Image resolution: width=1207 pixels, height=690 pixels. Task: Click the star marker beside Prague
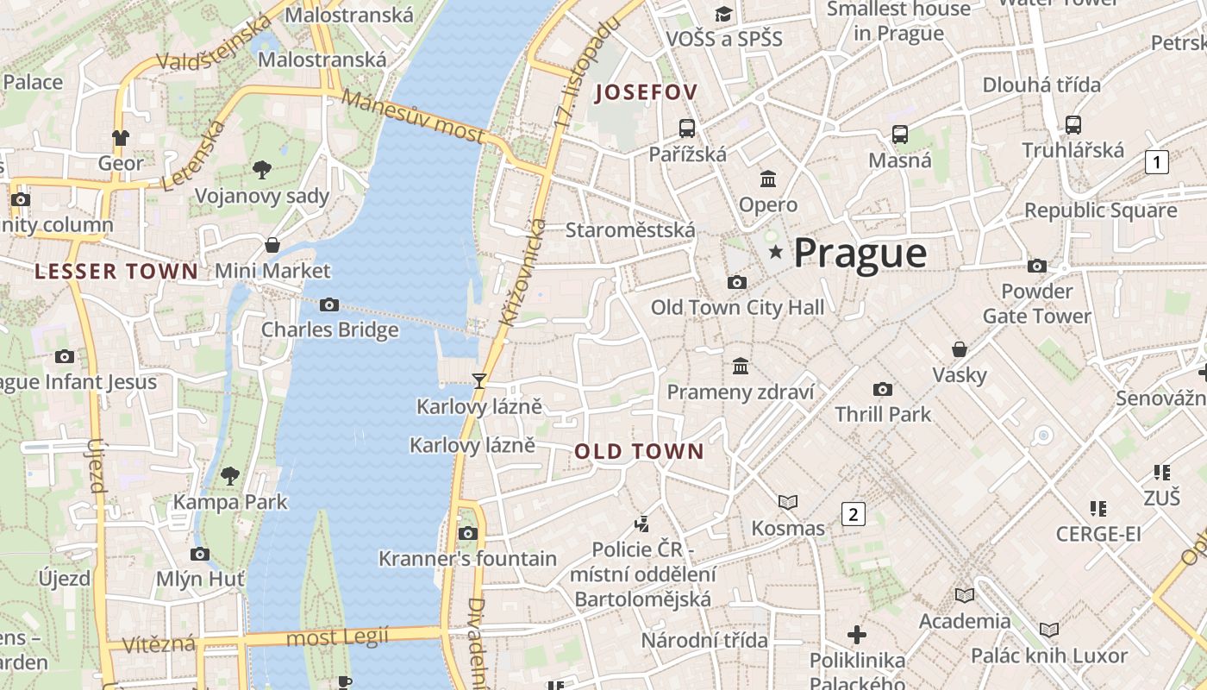(776, 252)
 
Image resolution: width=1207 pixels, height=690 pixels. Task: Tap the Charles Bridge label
(330, 329)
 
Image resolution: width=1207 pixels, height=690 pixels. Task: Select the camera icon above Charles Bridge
(328, 304)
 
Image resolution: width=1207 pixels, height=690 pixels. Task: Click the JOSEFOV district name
(646, 92)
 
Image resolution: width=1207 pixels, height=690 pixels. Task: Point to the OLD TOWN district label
(639, 451)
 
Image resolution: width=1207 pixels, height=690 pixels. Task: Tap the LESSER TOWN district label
(116, 272)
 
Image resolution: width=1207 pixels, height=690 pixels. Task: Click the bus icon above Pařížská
(687, 129)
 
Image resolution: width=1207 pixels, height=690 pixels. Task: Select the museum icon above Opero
(768, 179)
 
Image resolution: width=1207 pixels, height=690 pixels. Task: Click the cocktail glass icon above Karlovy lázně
(479, 380)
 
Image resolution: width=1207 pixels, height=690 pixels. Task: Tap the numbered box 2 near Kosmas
(853, 515)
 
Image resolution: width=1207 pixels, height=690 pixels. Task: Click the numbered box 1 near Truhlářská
(1157, 161)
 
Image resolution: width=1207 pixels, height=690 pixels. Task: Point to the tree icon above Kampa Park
(230, 475)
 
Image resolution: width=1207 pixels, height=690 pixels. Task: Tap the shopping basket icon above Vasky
(959, 349)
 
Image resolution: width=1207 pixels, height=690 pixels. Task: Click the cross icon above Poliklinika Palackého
(857, 635)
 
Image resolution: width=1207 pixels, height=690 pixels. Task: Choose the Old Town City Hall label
(737, 307)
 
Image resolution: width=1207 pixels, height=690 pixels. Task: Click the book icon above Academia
(964, 595)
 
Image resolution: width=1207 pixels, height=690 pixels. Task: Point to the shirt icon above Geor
(121, 137)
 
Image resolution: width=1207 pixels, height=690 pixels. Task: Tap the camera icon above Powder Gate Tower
(1037, 266)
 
